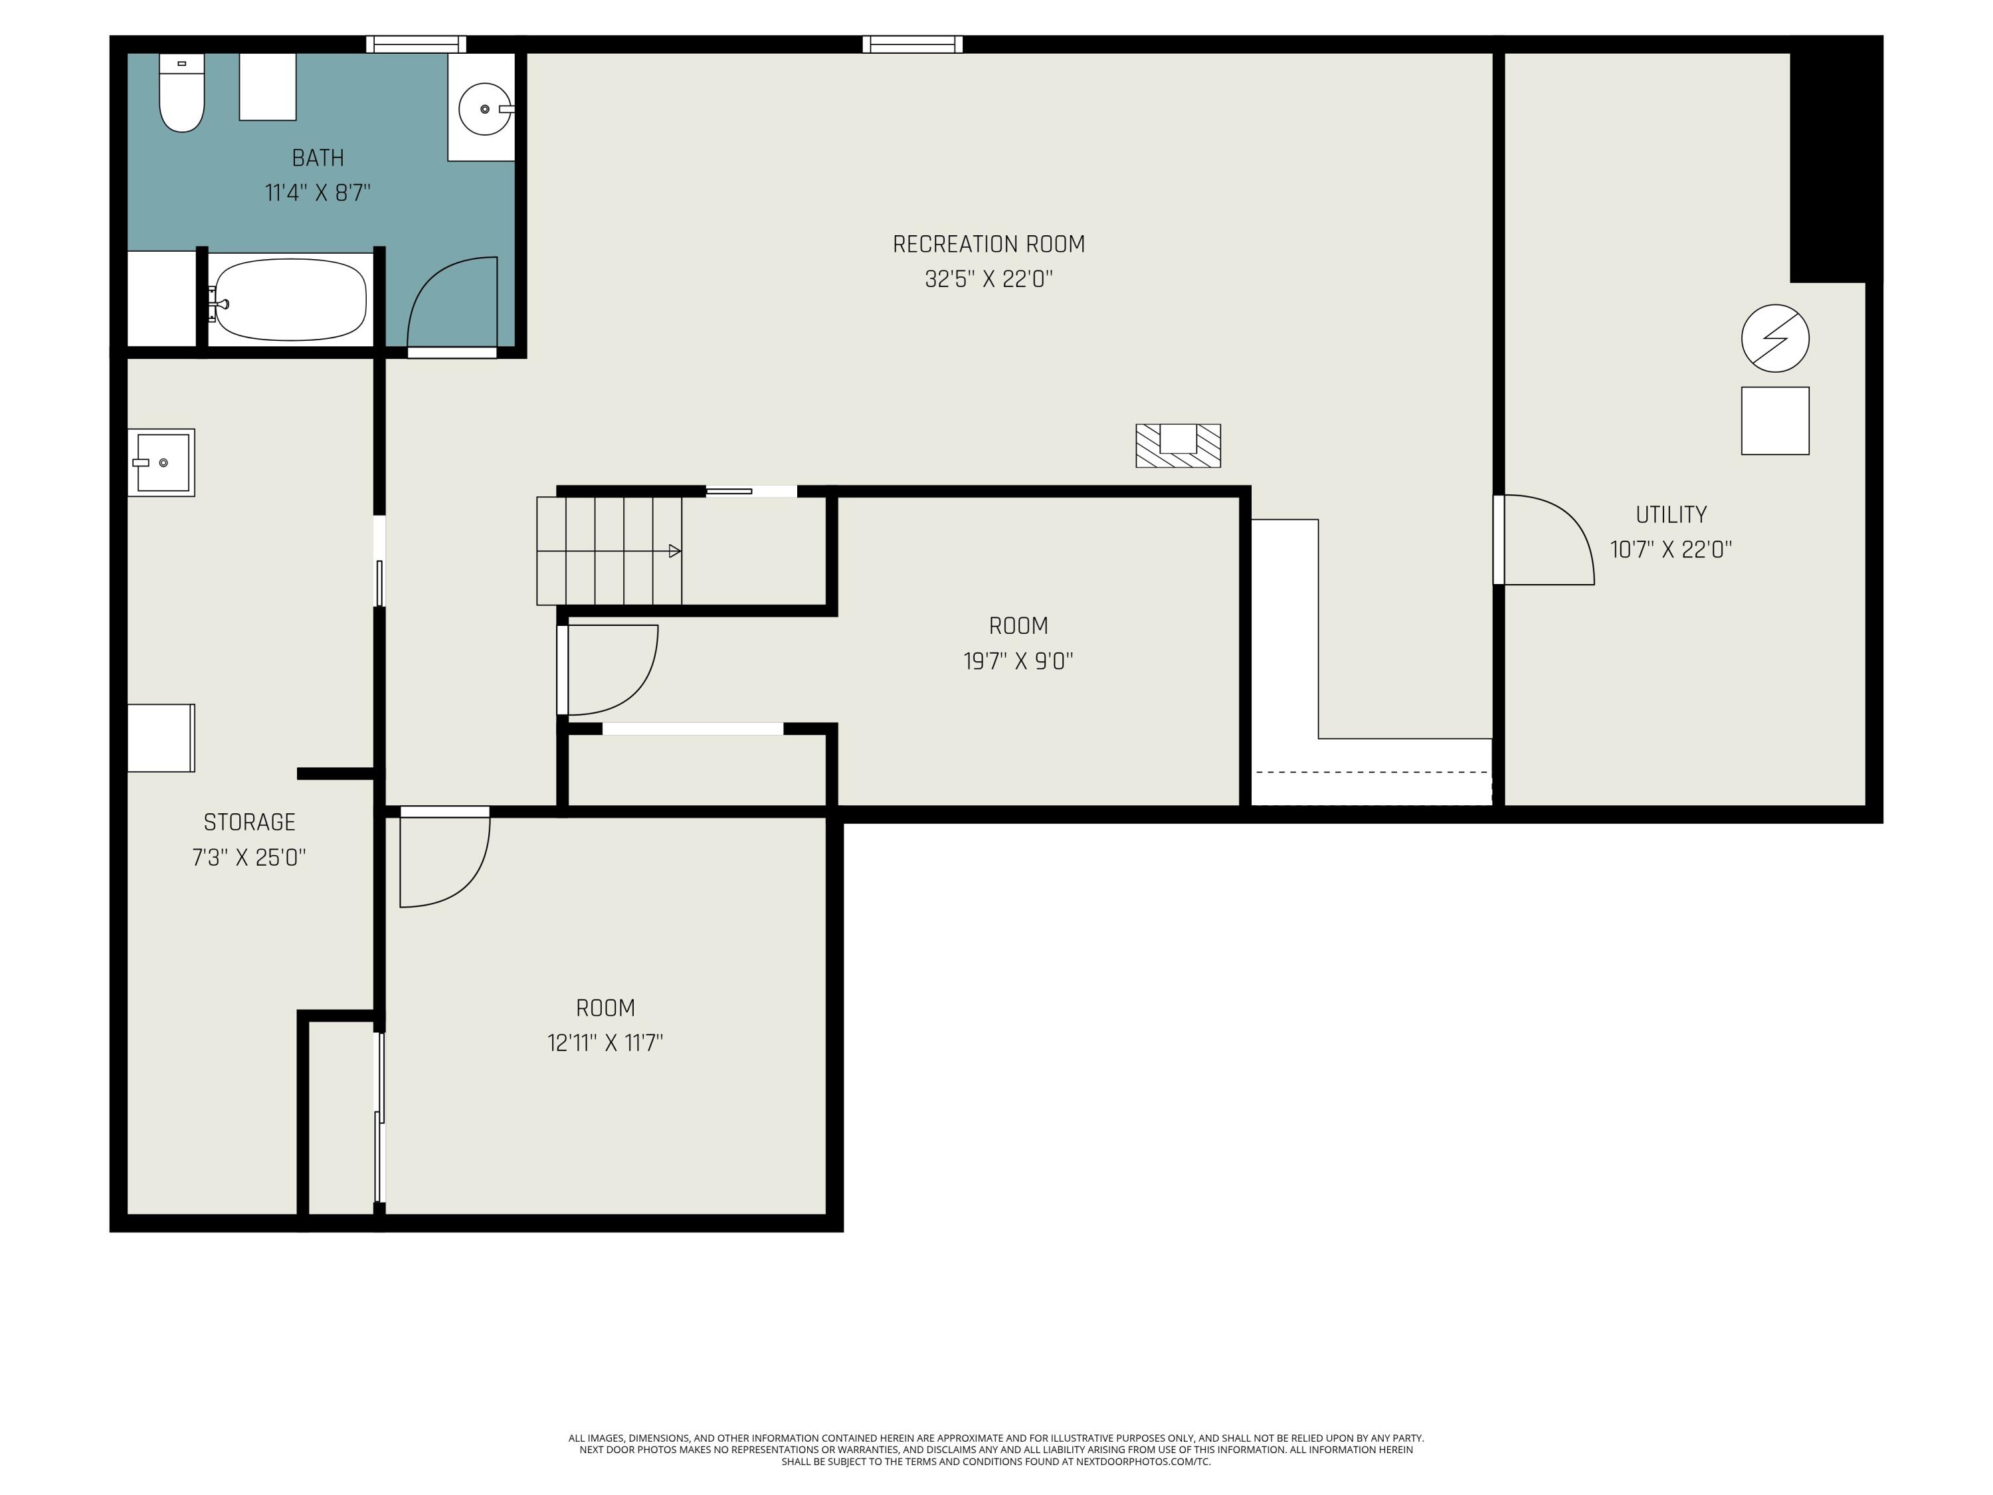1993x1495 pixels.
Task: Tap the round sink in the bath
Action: click(x=486, y=109)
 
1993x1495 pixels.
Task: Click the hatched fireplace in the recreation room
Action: click(x=1178, y=445)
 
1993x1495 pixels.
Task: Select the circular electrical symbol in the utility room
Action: click(x=1775, y=338)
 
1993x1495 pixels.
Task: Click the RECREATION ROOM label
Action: click(x=989, y=245)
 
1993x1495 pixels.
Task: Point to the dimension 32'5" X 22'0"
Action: click(x=989, y=279)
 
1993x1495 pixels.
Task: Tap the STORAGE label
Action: click(x=250, y=822)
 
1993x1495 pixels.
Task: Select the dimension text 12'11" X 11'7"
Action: click(x=605, y=1043)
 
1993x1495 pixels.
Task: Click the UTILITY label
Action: click(x=1671, y=514)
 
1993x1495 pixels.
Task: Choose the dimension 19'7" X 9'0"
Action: click(x=1018, y=661)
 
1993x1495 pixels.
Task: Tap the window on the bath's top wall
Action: click(x=417, y=44)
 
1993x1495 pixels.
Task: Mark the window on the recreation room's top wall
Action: click(x=913, y=44)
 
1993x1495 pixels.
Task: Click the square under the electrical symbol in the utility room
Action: click(x=1775, y=421)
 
